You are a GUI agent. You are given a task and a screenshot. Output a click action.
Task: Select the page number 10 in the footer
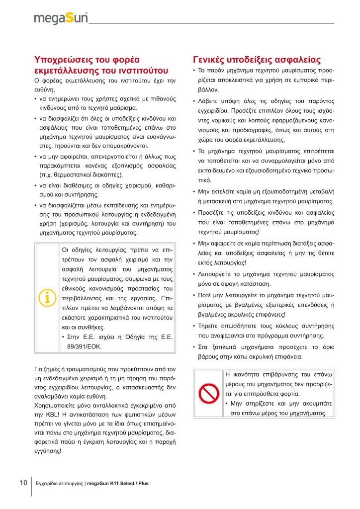(x=23, y=483)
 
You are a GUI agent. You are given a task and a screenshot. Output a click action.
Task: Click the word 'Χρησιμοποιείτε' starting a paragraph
(x=54, y=405)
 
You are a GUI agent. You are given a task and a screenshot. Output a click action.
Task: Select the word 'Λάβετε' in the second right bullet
(x=208, y=101)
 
